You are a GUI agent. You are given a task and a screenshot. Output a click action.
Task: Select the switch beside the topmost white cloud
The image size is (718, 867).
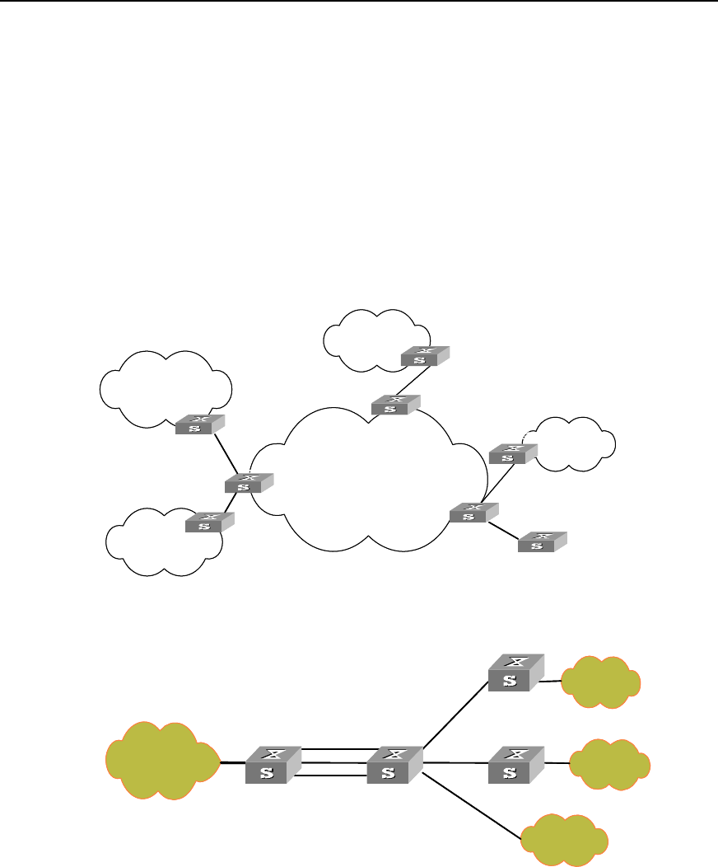(425, 356)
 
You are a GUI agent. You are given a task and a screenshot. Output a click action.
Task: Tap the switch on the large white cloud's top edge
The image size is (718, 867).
(395, 405)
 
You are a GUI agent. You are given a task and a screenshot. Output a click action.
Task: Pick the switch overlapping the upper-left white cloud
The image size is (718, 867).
(199, 425)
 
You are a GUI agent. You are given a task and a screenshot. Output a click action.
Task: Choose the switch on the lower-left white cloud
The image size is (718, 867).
(209, 522)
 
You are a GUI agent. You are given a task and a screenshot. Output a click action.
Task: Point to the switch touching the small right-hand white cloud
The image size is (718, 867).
(513, 453)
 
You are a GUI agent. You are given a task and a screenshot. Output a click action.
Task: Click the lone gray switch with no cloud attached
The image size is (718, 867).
(542, 541)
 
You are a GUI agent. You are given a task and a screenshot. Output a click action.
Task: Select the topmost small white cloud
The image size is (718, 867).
(366, 338)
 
